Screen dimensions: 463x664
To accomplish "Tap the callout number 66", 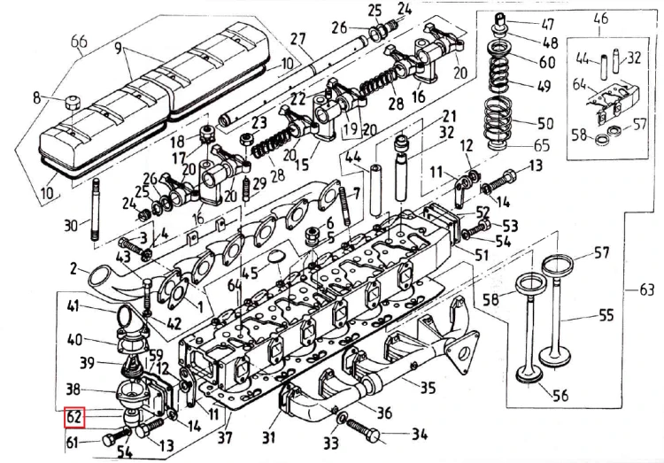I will click(x=80, y=42).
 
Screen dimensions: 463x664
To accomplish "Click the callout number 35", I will click(x=429, y=387).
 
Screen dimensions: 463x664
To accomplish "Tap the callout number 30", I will click(x=71, y=225).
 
